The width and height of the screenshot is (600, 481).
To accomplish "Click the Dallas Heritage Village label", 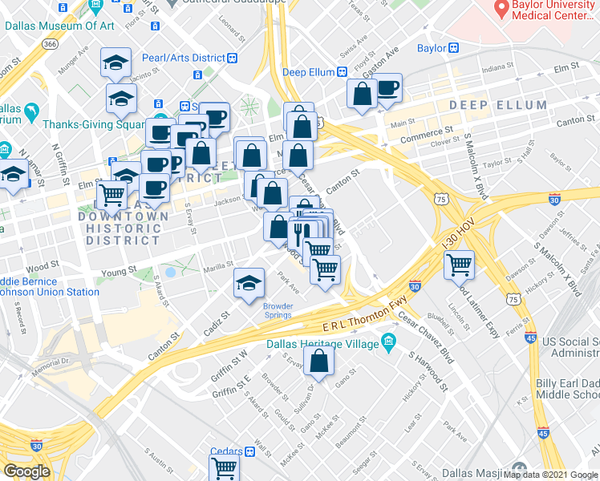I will coord(328,342).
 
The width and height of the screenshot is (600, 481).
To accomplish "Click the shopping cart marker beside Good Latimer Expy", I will coord(458,264).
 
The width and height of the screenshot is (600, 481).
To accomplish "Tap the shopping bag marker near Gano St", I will coord(319,361).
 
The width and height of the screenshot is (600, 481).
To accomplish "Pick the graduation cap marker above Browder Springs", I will coord(249,282).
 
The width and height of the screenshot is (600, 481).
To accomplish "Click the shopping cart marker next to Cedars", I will coord(225,467).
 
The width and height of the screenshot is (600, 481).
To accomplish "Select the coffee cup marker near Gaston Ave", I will coord(388,88).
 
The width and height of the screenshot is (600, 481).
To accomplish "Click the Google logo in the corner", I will coord(26,471).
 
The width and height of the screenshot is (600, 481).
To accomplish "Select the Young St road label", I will coord(120,273).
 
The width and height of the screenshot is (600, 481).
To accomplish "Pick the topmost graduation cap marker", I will coord(116,63).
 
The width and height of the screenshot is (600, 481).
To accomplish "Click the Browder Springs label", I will coord(278,309).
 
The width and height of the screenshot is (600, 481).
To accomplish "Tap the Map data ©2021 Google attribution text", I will coord(550,475).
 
